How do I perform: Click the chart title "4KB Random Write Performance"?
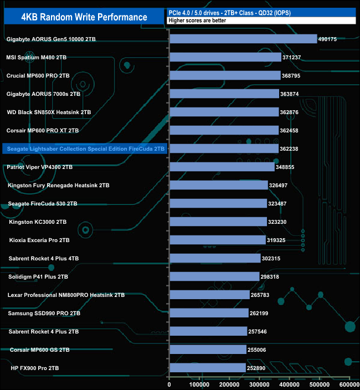point(84,17)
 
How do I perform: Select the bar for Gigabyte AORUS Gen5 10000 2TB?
point(243,39)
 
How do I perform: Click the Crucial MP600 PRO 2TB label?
point(38,75)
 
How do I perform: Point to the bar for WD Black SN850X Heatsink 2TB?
point(224,112)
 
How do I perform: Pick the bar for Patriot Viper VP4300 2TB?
point(222,167)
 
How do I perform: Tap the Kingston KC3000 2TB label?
point(38,222)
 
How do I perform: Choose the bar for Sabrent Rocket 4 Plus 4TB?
point(215,258)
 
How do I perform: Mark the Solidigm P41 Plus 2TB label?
point(39,276)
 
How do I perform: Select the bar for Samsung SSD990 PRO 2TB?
point(209,313)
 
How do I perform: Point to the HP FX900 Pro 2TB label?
point(35,368)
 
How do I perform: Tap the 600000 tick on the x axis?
point(349,383)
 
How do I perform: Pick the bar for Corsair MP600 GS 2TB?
point(208,350)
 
